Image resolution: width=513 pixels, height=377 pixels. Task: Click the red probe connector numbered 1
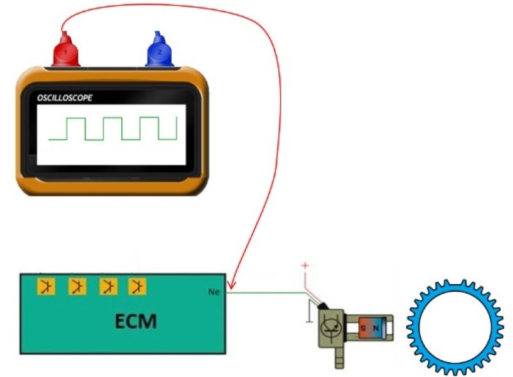pyautogui.click(x=65, y=51)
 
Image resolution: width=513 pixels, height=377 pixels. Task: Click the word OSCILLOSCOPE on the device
pyautogui.click(x=65, y=98)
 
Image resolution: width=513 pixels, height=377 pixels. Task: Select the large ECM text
pyautogui.click(x=135, y=320)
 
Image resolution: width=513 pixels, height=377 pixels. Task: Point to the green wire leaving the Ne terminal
pyautogui.click(x=263, y=293)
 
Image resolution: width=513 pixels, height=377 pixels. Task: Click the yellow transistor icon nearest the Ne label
pyautogui.click(x=135, y=286)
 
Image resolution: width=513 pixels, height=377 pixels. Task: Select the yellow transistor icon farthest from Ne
pyautogui.click(x=45, y=286)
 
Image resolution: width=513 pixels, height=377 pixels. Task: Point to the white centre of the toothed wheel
pyautogui.click(x=455, y=326)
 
